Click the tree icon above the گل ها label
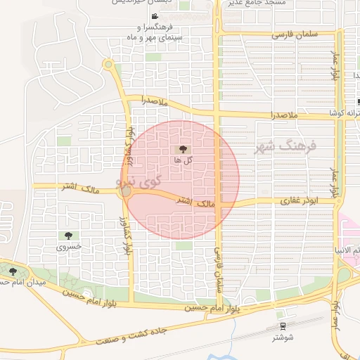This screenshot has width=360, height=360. pyautogui.click(x=183, y=149)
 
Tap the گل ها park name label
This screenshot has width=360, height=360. pyautogui.click(x=183, y=160)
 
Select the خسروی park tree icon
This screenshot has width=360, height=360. pyautogui.click(x=68, y=236)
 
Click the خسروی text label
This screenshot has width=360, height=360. pyautogui.click(x=68, y=247)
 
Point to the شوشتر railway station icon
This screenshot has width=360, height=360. pyautogui.click(x=283, y=326)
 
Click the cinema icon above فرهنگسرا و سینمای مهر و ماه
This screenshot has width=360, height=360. pyautogui.click(x=154, y=16)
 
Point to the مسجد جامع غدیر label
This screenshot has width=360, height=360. pyautogui.click(x=256, y=3)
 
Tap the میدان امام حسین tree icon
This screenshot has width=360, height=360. pyautogui.click(x=13, y=271)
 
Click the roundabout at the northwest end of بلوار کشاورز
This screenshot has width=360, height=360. pyautogui.click(x=108, y=65)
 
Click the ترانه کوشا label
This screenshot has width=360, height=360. pyautogui.click(x=345, y=112)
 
